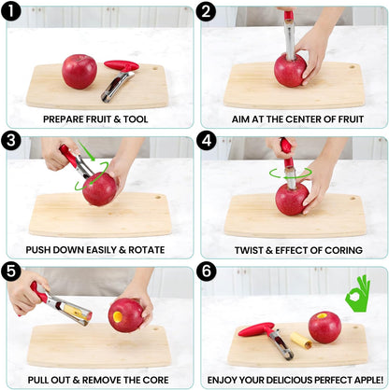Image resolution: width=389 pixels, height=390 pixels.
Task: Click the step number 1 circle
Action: click(x=11, y=11)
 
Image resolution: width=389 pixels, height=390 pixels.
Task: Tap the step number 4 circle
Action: click(x=207, y=141)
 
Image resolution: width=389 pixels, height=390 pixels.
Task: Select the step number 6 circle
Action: click(x=207, y=271)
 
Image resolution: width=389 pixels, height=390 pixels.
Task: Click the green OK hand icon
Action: click(x=358, y=294)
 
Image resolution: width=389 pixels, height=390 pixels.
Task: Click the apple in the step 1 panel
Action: click(x=79, y=72)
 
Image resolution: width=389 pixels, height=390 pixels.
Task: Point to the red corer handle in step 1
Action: click(x=122, y=66)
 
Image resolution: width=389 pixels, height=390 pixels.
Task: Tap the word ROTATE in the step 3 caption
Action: click(x=147, y=250)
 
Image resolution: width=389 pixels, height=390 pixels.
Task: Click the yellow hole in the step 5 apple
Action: click(x=118, y=316)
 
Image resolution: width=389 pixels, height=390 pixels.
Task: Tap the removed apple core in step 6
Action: click(x=301, y=341)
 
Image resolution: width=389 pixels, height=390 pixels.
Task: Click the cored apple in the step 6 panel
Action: click(x=324, y=327)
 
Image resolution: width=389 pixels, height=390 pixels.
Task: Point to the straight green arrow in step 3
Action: click(x=87, y=151)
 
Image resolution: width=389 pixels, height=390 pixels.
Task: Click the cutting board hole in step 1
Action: click(x=155, y=67)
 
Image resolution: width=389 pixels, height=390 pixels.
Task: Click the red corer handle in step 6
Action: click(x=256, y=329)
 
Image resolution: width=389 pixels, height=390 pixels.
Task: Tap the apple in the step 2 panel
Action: click(x=290, y=70)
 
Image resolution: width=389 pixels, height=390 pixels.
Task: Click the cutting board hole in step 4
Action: click(x=353, y=198)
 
